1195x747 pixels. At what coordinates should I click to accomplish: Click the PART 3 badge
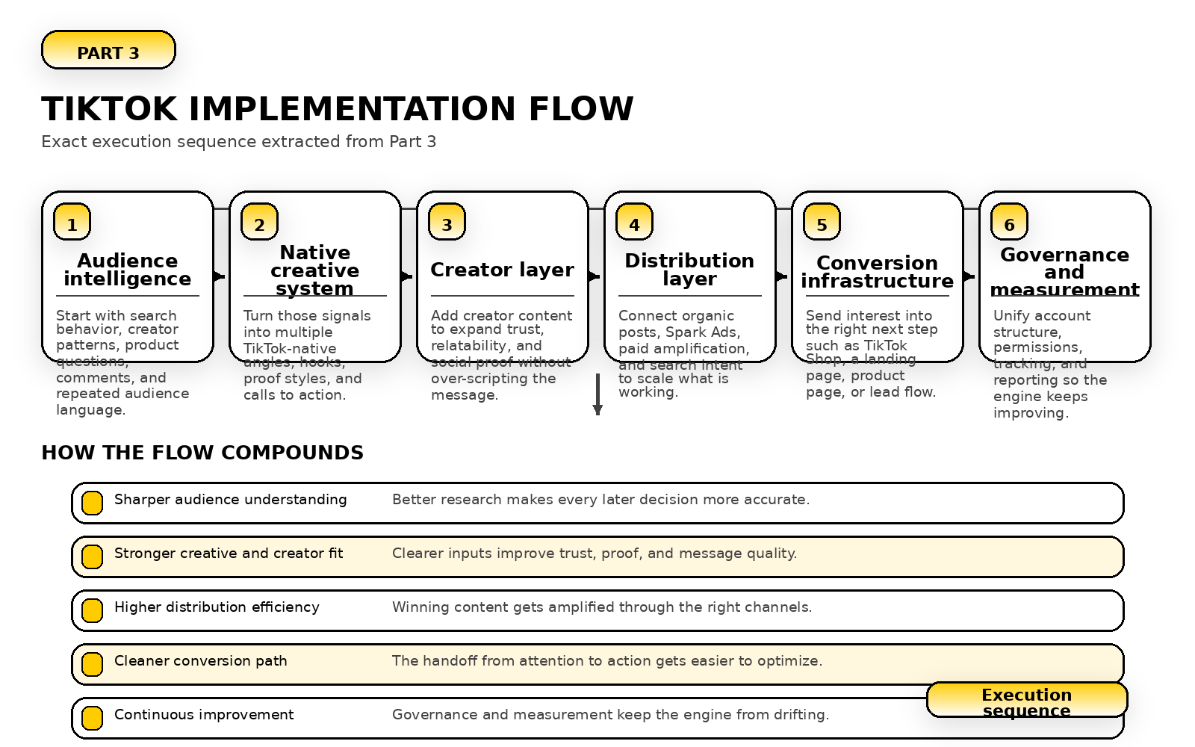click(x=108, y=51)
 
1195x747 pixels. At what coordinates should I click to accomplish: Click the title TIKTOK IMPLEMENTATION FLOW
click(x=337, y=109)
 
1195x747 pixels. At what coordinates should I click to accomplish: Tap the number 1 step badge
click(x=72, y=223)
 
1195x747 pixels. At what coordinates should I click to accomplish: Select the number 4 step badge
click(x=634, y=223)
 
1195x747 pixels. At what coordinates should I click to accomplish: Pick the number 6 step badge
click(x=1009, y=223)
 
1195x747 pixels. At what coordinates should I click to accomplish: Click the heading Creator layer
click(x=502, y=270)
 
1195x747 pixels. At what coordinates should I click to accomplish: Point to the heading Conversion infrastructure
click(x=877, y=272)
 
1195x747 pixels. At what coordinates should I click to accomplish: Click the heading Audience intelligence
click(x=128, y=270)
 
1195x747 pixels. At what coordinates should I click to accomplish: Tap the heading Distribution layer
click(x=689, y=270)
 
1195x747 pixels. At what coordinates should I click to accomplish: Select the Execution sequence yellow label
click(x=1026, y=701)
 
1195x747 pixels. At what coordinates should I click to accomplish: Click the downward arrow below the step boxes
click(x=597, y=394)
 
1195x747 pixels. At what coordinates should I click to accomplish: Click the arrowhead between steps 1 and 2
click(x=220, y=276)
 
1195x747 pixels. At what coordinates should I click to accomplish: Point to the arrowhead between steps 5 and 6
click(x=969, y=276)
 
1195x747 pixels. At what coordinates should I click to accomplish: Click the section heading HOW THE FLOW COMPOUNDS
click(x=202, y=453)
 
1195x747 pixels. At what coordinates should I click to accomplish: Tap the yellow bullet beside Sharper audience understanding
click(x=92, y=503)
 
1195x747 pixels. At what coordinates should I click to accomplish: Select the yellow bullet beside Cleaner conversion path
click(x=92, y=664)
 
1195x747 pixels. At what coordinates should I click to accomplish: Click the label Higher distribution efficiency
click(x=217, y=607)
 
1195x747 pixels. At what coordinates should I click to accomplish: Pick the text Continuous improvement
click(x=204, y=715)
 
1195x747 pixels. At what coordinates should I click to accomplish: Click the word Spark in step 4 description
click(x=682, y=332)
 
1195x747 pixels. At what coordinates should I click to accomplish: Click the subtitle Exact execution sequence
click(x=238, y=142)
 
